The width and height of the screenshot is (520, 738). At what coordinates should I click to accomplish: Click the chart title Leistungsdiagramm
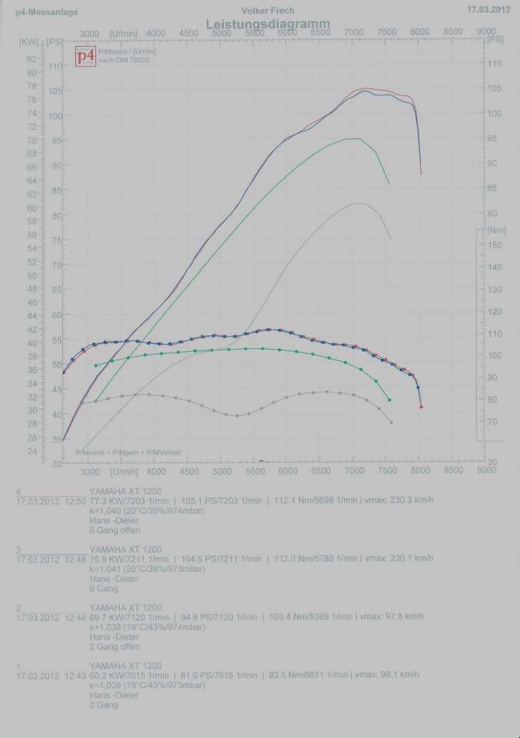tap(268, 25)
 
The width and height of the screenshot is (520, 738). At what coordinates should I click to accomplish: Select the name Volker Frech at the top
tap(267, 11)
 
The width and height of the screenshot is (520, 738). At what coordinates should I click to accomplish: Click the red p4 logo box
tap(85, 56)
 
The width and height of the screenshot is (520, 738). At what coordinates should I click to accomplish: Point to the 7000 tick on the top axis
tap(353, 33)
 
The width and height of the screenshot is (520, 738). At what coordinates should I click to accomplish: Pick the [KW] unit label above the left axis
tap(29, 41)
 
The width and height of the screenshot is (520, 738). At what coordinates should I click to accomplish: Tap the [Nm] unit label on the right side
tap(495, 230)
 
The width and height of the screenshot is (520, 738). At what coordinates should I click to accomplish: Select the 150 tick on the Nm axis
tap(495, 245)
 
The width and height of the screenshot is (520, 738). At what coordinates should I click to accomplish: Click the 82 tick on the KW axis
tap(31, 59)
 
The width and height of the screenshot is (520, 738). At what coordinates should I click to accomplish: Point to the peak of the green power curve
tap(353, 138)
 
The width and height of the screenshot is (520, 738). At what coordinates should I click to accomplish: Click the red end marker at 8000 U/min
tap(421, 407)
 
